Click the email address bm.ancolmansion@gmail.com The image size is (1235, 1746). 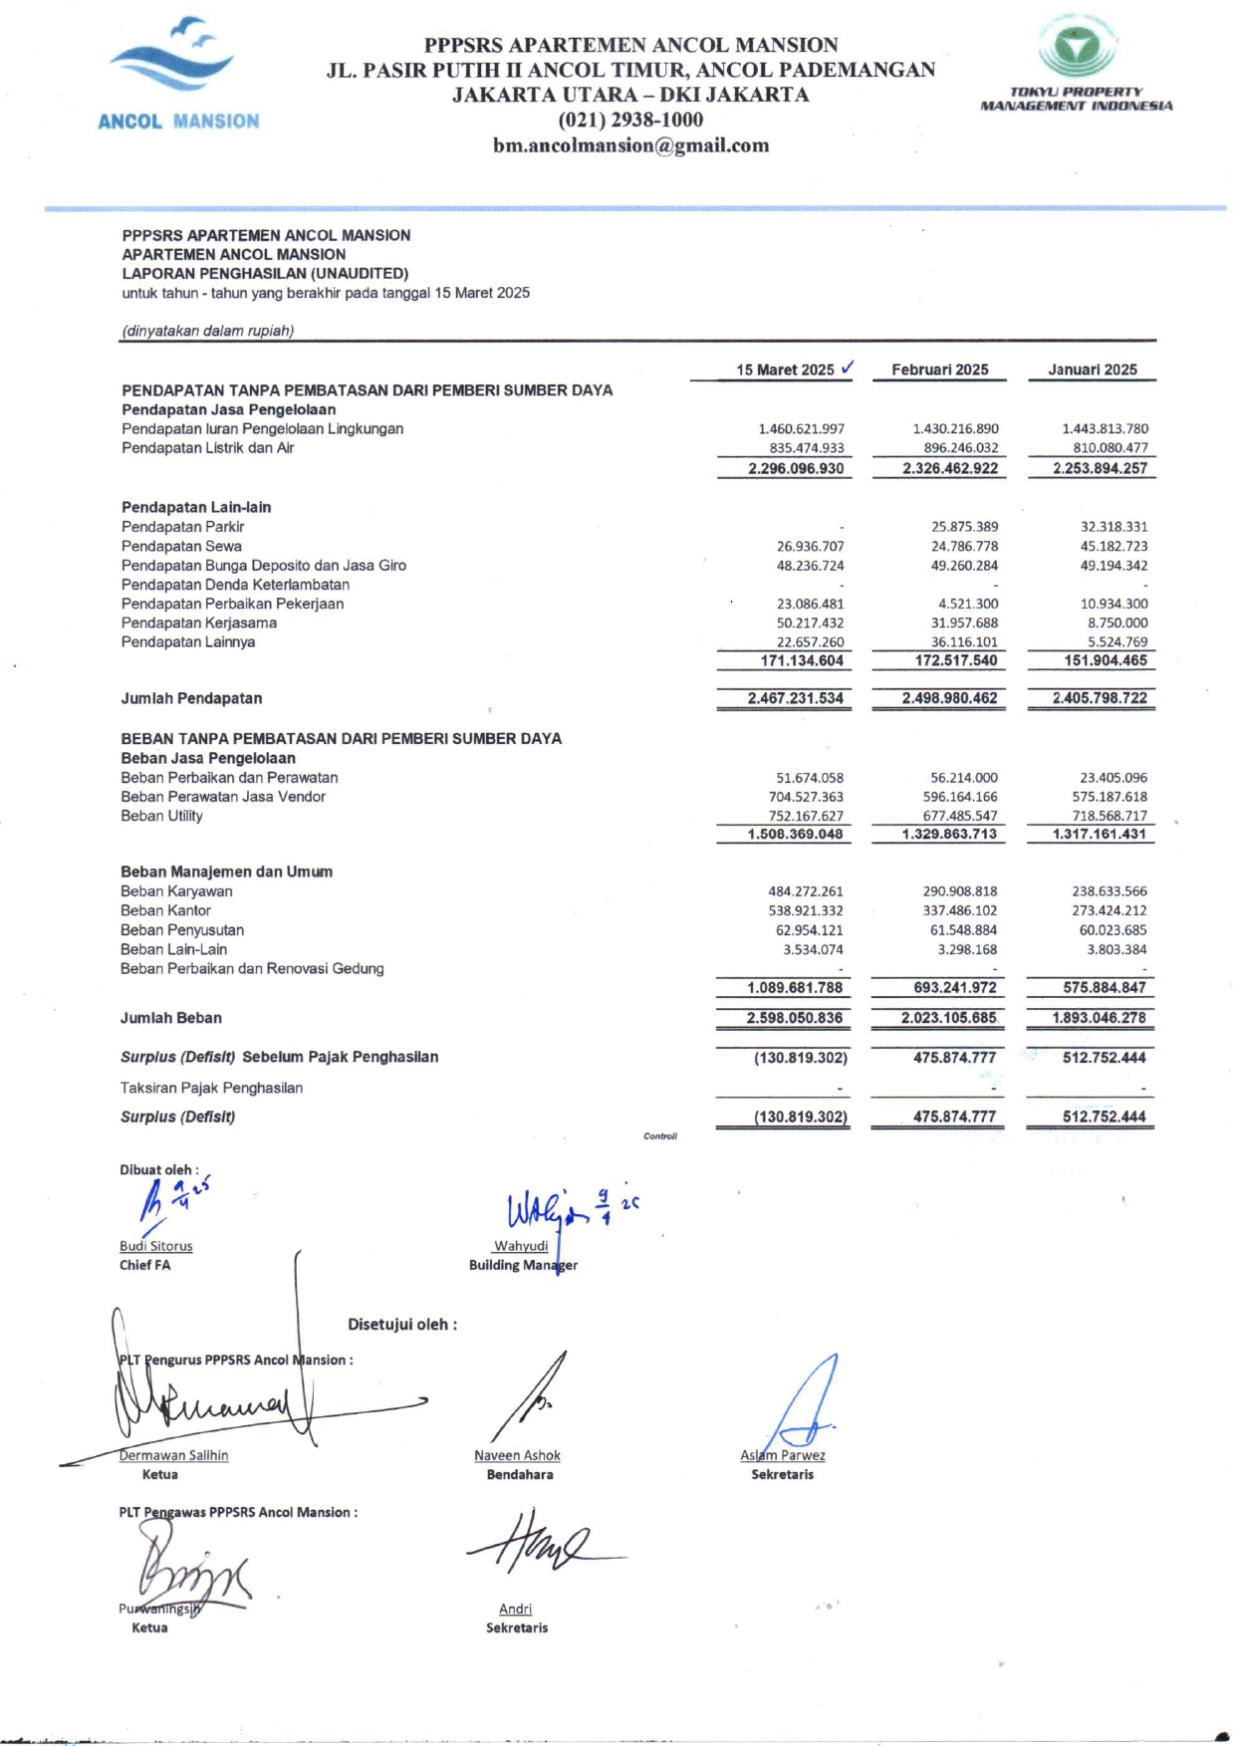click(x=630, y=145)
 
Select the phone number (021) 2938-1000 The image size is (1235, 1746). click(x=630, y=120)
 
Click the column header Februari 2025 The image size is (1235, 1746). click(x=939, y=370)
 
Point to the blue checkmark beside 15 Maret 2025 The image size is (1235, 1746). click(x=847, y=367)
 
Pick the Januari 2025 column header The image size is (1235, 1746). click(x=1092, y=370)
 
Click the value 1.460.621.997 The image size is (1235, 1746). click(x=801, y=429)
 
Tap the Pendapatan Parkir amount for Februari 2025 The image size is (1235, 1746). click(x=964, y=527)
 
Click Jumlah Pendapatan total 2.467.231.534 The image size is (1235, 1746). click(x=795, y=698)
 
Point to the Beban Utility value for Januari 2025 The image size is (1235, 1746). click(x=1110, y=816)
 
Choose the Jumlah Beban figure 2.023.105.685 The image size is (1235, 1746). click(x=948, y=1018)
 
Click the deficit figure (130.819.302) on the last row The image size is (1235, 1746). click(x=800, y=1117)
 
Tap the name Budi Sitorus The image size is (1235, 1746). click(x=156, y=1246)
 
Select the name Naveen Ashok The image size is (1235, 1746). click(x=517, y=1455)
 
